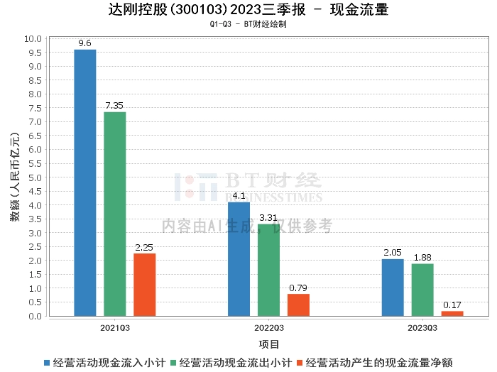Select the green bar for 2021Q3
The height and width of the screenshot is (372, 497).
[x=115, y=214]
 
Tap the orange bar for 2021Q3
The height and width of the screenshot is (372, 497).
[x=145, y=285]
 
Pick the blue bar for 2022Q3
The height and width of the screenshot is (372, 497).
[x=239, y=259]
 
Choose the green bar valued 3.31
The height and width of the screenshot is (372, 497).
[x=268, y=270]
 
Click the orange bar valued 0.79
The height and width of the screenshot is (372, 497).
[x=298, y=305]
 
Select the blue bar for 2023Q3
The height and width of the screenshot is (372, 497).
[x=393, y=288]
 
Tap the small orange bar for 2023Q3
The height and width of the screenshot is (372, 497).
[x=452, y=313]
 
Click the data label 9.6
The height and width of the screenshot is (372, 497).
[x=85, y=43]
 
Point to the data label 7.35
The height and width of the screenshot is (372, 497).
[x=115, y=106]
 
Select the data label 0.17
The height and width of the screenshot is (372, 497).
[x=452, y=305]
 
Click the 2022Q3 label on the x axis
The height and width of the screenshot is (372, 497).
[x=268, y=328]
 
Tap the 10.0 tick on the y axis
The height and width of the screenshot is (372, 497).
[x=33, y=38]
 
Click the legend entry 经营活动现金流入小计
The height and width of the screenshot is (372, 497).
[x=106, y=363]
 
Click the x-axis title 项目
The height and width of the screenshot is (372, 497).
[x=269, y=344]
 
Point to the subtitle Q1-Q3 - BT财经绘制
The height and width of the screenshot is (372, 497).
[x=248, y=24]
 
